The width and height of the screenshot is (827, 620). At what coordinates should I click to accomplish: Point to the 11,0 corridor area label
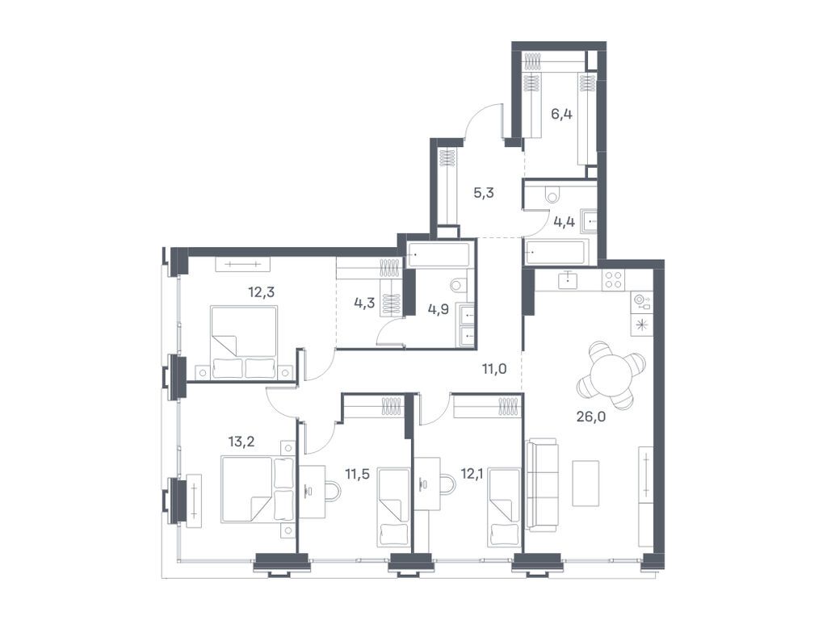pyautogui.click(x=493, y=370)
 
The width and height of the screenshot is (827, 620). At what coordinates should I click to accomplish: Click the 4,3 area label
pyautogui.click(x=364, y=304)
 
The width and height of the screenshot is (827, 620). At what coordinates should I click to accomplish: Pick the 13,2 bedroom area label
pyautogui.click(x=242, y=441)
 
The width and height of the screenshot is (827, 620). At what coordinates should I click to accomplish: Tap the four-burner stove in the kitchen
pyautogui.click(x=613, y=279)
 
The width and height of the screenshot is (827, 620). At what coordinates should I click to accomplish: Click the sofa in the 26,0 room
pyautogui.click(x=541, y=484)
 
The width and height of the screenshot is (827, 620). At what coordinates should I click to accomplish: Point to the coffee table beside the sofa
pyautogui.click(x=586, y=483)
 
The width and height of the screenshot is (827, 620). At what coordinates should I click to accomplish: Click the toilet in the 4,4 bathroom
pyautogui.click(x=552, y=195)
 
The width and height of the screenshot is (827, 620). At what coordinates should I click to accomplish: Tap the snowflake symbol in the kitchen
pyautogui.click(x=642, y=325)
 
